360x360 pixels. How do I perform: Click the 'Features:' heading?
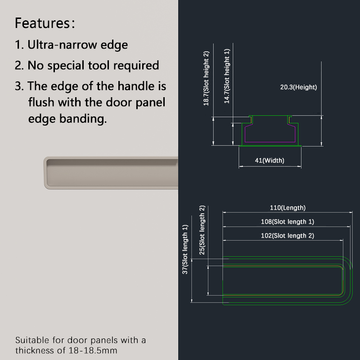point(45,23)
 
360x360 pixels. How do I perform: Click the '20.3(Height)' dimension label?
point(298,87)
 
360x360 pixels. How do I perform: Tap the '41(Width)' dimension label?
point(270,160)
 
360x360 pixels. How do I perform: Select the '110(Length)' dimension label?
point(288,207)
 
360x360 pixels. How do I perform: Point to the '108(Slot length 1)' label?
point(288,221)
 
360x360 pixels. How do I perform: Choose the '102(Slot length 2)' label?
point(288,235)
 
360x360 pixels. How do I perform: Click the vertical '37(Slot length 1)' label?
point(185,249)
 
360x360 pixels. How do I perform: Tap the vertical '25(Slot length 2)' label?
point(202,230)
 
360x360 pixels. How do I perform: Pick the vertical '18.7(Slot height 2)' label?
point(206,78)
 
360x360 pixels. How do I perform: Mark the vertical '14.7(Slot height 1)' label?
point(227,76)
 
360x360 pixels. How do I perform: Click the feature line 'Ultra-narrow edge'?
point(77,45)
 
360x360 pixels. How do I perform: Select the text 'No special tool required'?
point(93,65)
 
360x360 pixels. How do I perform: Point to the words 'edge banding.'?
point(67,119)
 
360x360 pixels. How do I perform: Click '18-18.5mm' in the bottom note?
point(93,351)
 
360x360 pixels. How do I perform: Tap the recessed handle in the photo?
point(111,173)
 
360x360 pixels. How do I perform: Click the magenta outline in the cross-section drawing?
point(270,142)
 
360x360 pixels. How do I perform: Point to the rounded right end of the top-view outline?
point(351,280)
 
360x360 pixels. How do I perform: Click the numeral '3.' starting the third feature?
point(19,86)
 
